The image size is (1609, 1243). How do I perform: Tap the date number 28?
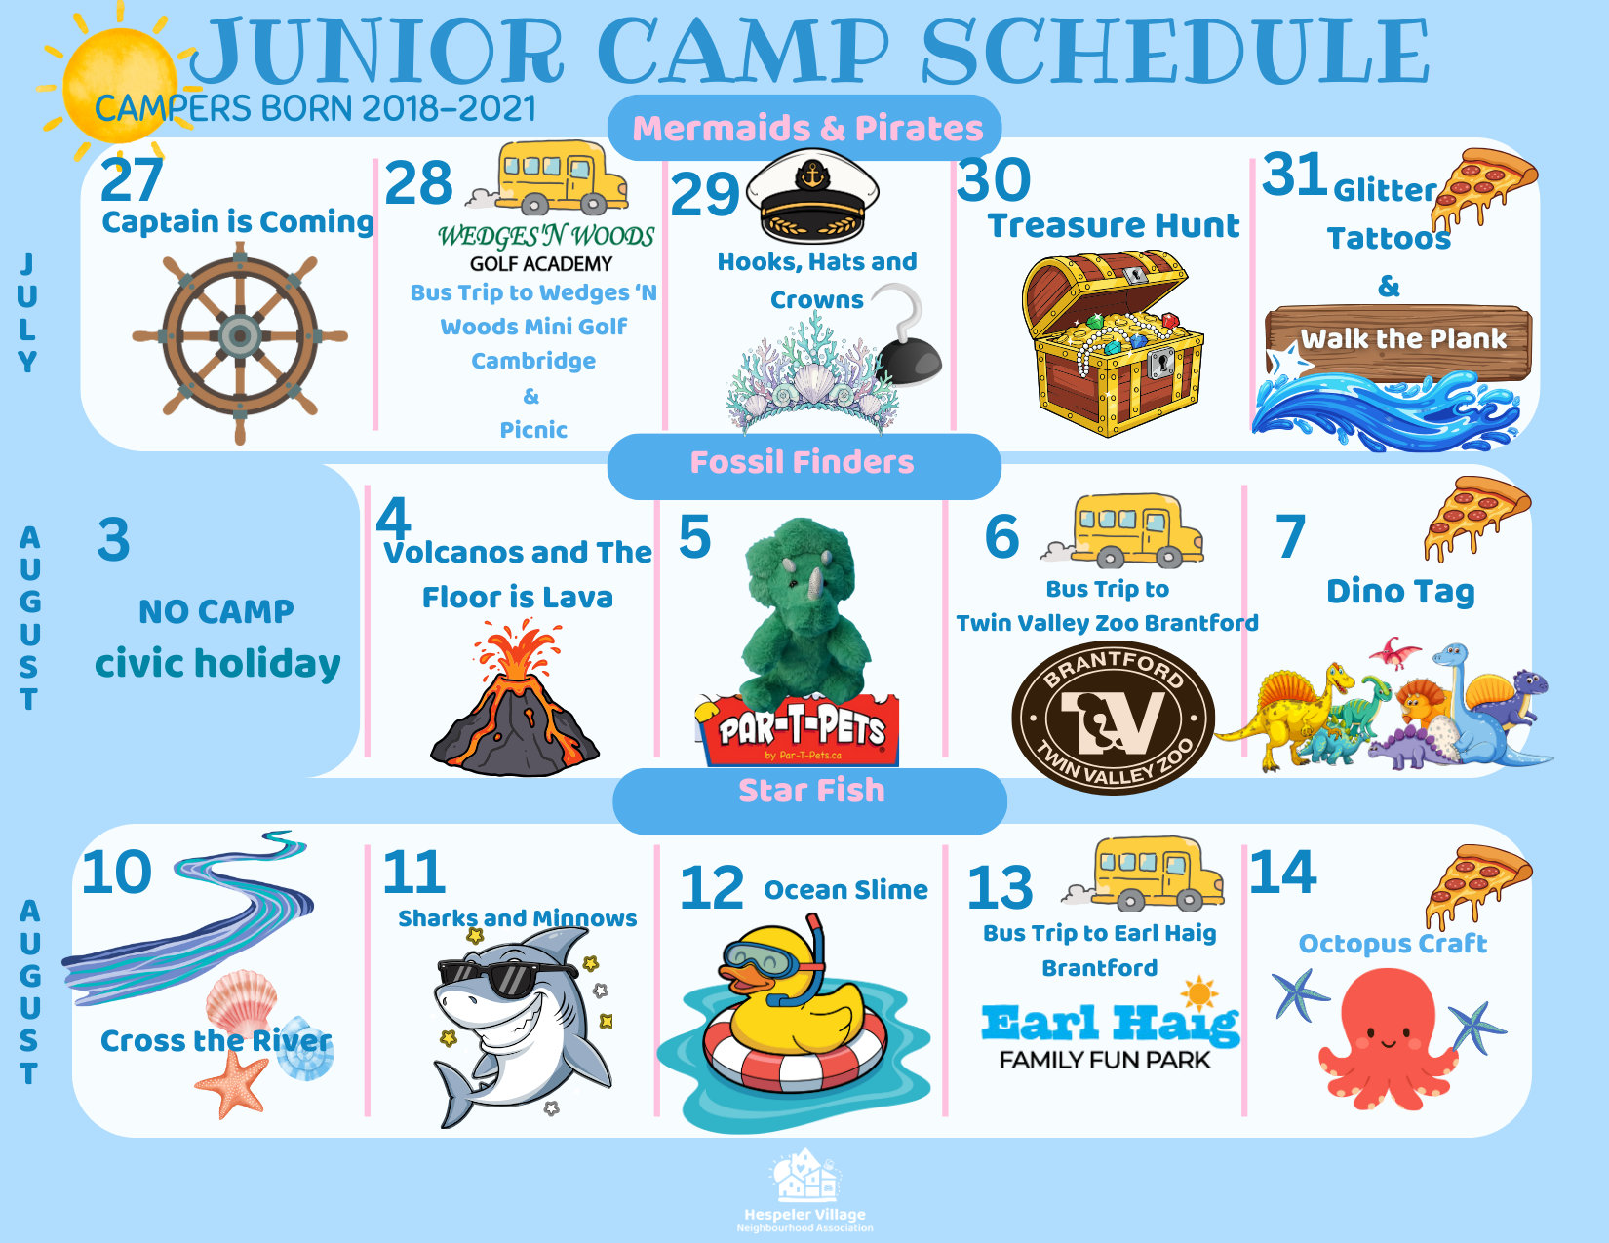click(418, 182)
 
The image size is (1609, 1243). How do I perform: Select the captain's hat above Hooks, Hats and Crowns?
click(812, 196)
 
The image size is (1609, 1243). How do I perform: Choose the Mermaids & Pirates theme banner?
click(804, 128)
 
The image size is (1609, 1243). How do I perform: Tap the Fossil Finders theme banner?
click(804, 465)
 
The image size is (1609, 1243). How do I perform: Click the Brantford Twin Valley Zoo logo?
click(1113, 718)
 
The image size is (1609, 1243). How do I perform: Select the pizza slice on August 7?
click(1476, 519)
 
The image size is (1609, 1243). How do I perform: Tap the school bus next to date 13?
click(1143, 874)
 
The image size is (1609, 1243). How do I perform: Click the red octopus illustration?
click(1389, 1040)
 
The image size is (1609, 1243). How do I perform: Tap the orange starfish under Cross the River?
click(232, 1082)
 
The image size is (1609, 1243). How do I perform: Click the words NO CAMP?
click(216, 612)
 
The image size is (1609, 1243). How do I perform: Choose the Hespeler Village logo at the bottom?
click(804, 1189)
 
